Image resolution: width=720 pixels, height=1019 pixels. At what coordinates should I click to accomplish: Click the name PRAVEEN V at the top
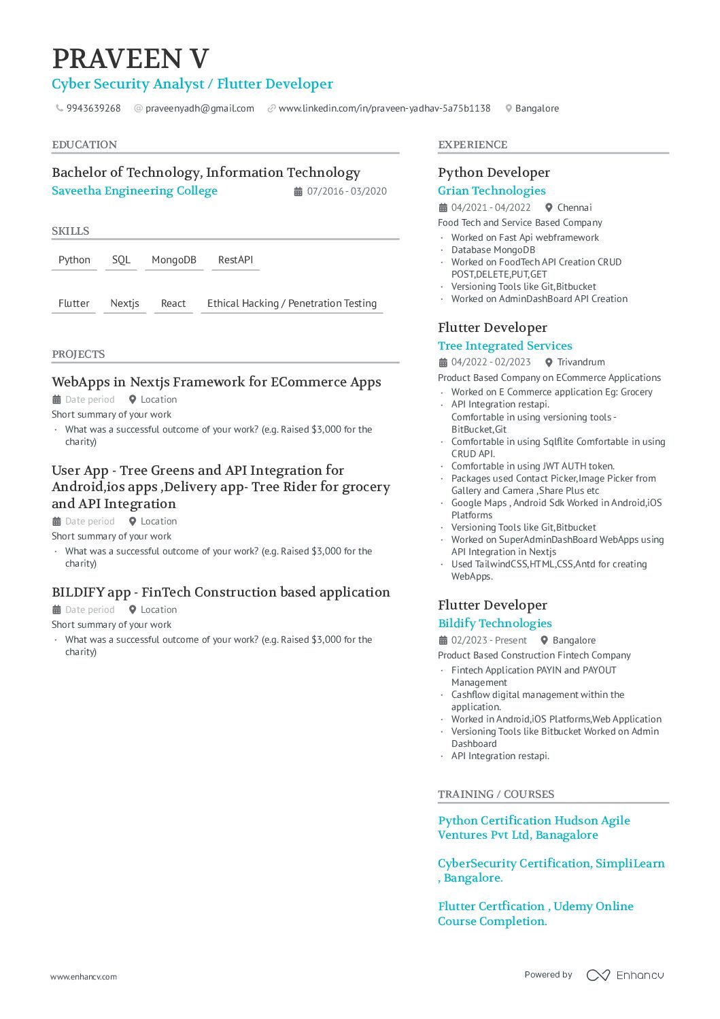pos(131,59)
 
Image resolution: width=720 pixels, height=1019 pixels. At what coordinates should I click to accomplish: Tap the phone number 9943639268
pos(93,108)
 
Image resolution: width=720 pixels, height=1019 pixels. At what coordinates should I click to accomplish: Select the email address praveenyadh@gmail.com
pos(199,108)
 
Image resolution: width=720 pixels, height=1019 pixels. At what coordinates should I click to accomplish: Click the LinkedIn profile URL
pos(384,108)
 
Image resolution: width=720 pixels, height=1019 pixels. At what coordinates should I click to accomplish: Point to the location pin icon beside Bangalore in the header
pos(508,108)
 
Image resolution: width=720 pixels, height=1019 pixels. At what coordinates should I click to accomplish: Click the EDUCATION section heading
pos(84,145)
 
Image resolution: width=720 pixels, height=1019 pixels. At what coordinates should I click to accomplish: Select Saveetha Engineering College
pos(135,191)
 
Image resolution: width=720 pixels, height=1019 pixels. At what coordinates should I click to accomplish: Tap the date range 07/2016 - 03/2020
pos(347,192)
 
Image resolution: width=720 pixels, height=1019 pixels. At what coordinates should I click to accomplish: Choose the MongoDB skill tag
pos(174,260)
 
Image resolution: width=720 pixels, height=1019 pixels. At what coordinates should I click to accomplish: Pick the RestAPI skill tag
pos(235,260)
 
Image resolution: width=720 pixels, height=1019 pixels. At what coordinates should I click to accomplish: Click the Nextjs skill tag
pos(124,303)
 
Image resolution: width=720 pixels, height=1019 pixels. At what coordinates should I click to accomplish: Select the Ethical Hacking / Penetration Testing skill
pos(292,303)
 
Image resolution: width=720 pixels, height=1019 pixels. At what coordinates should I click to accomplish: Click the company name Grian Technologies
pos(492,191)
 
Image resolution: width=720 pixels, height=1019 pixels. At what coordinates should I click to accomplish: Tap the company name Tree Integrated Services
pos(505,346)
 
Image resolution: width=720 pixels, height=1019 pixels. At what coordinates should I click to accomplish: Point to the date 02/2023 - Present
pos(489,641)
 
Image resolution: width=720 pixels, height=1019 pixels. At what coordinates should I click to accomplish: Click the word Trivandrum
pos(581,363)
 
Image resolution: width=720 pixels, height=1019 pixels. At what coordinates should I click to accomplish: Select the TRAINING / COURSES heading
pos(496,795)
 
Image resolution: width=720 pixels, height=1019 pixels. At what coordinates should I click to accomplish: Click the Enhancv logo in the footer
pos(625,975)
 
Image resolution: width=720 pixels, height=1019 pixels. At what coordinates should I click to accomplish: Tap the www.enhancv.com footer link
pos(84,977)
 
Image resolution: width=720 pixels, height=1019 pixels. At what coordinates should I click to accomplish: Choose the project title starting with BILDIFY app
pos(221,592)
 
